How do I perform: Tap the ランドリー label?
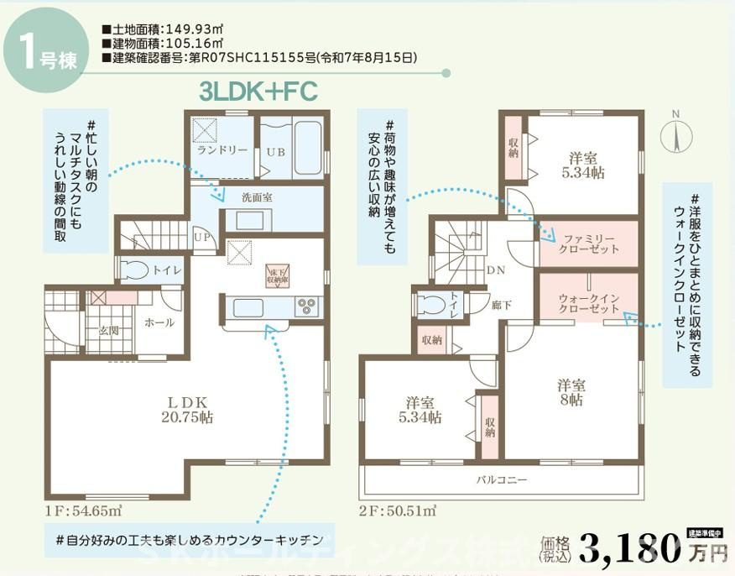[222, 150]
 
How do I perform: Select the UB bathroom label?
[276, 153]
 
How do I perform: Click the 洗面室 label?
[257, 197]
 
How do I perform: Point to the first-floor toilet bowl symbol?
[134, 270]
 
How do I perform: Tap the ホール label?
[159, 322]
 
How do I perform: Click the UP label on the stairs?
[202, 238]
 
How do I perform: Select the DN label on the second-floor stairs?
[496, 270]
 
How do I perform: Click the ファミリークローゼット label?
[591, 243]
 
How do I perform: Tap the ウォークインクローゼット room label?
[588, 304]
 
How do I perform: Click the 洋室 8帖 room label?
[571, 392]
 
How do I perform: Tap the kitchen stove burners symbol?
[305, 306]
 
